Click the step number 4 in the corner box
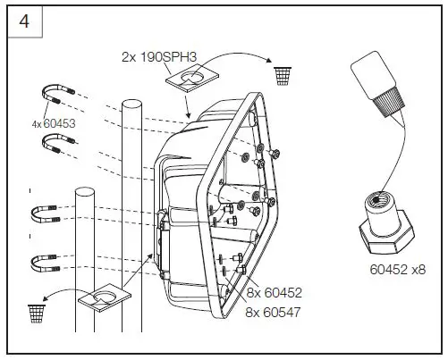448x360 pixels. click(x=24, y=21)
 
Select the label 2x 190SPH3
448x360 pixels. click(x=160, y=55)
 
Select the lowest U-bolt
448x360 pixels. click(x=44, y=262)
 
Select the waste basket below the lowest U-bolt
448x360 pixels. click(x=38, y=312)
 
